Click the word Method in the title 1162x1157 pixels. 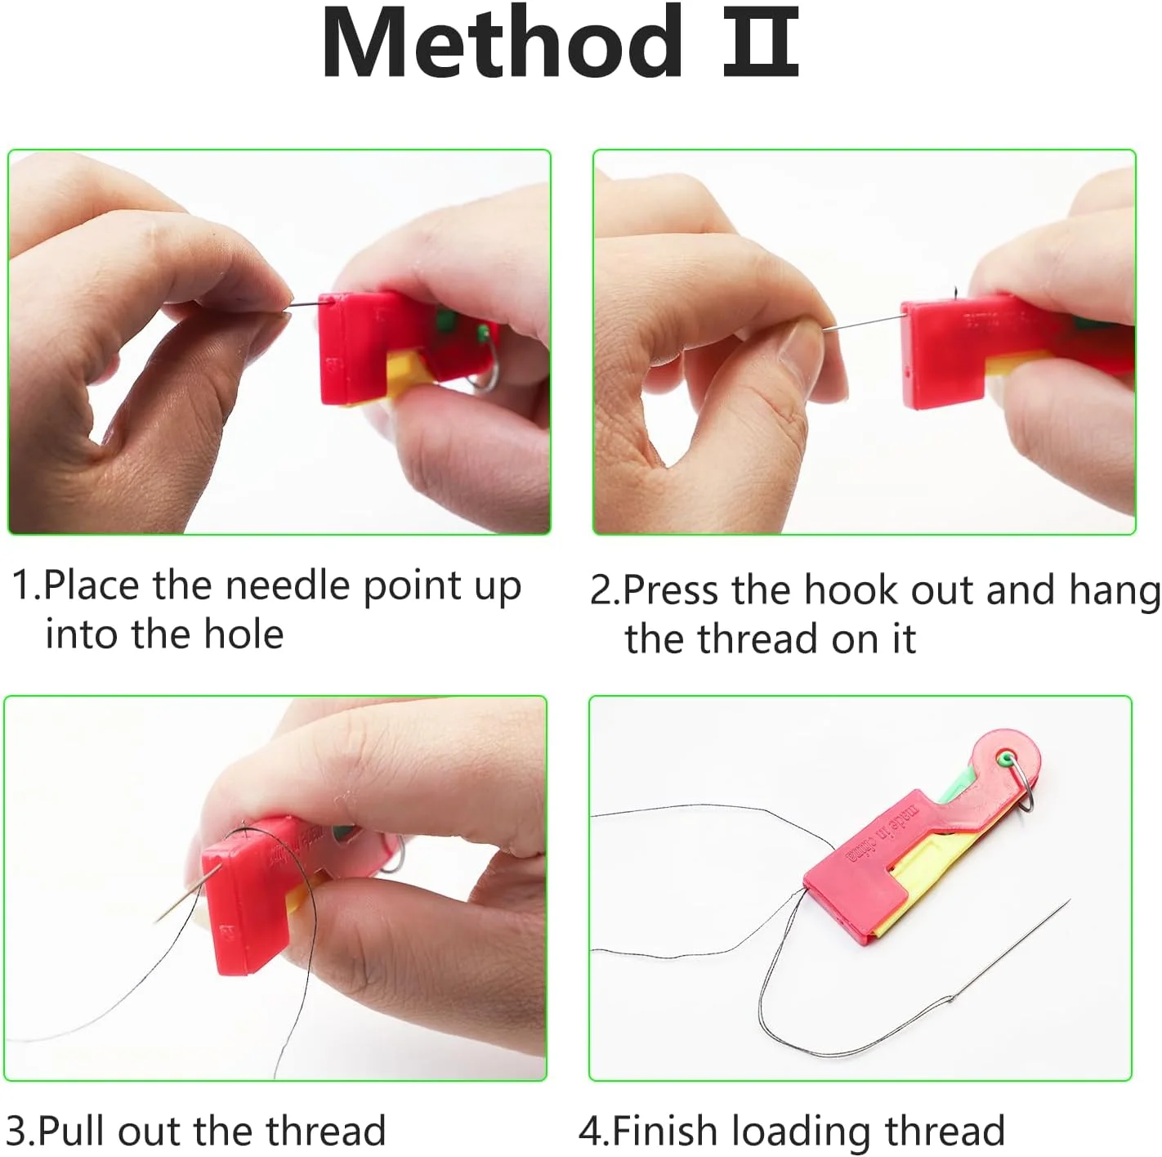point(503,43)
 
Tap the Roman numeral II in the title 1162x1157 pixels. point(761,43)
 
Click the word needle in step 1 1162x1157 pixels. point(287,585)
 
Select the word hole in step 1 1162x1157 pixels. point(244,635)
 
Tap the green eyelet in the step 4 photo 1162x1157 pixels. point(1005,758)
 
